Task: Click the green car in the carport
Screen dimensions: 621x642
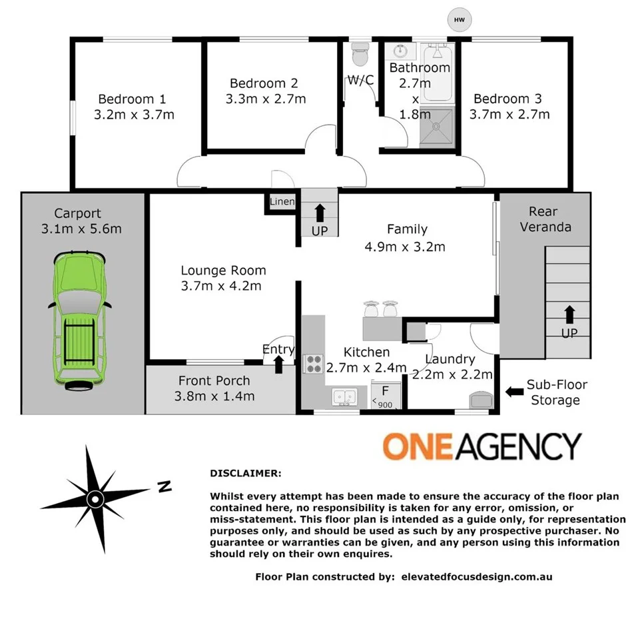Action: [79, 318]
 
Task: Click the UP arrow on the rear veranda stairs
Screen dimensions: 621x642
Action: [569, 314]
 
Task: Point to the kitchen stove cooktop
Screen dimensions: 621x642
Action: [313, 364]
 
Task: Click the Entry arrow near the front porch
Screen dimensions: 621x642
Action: [278, 364]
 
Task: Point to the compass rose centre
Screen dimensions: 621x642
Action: [95, 498]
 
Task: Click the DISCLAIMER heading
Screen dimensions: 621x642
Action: [246, 474]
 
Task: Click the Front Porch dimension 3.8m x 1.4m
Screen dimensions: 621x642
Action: [214, 396]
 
